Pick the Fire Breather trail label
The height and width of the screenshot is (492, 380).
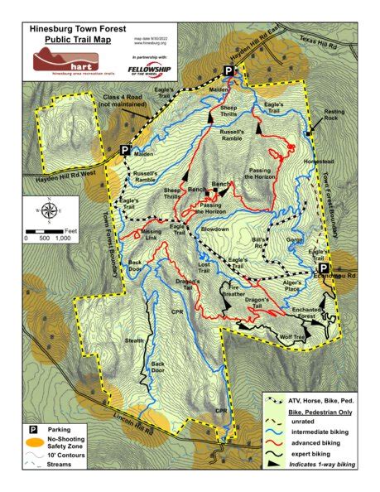tap(233, 291)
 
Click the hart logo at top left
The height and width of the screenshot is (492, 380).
tap(55, 60)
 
